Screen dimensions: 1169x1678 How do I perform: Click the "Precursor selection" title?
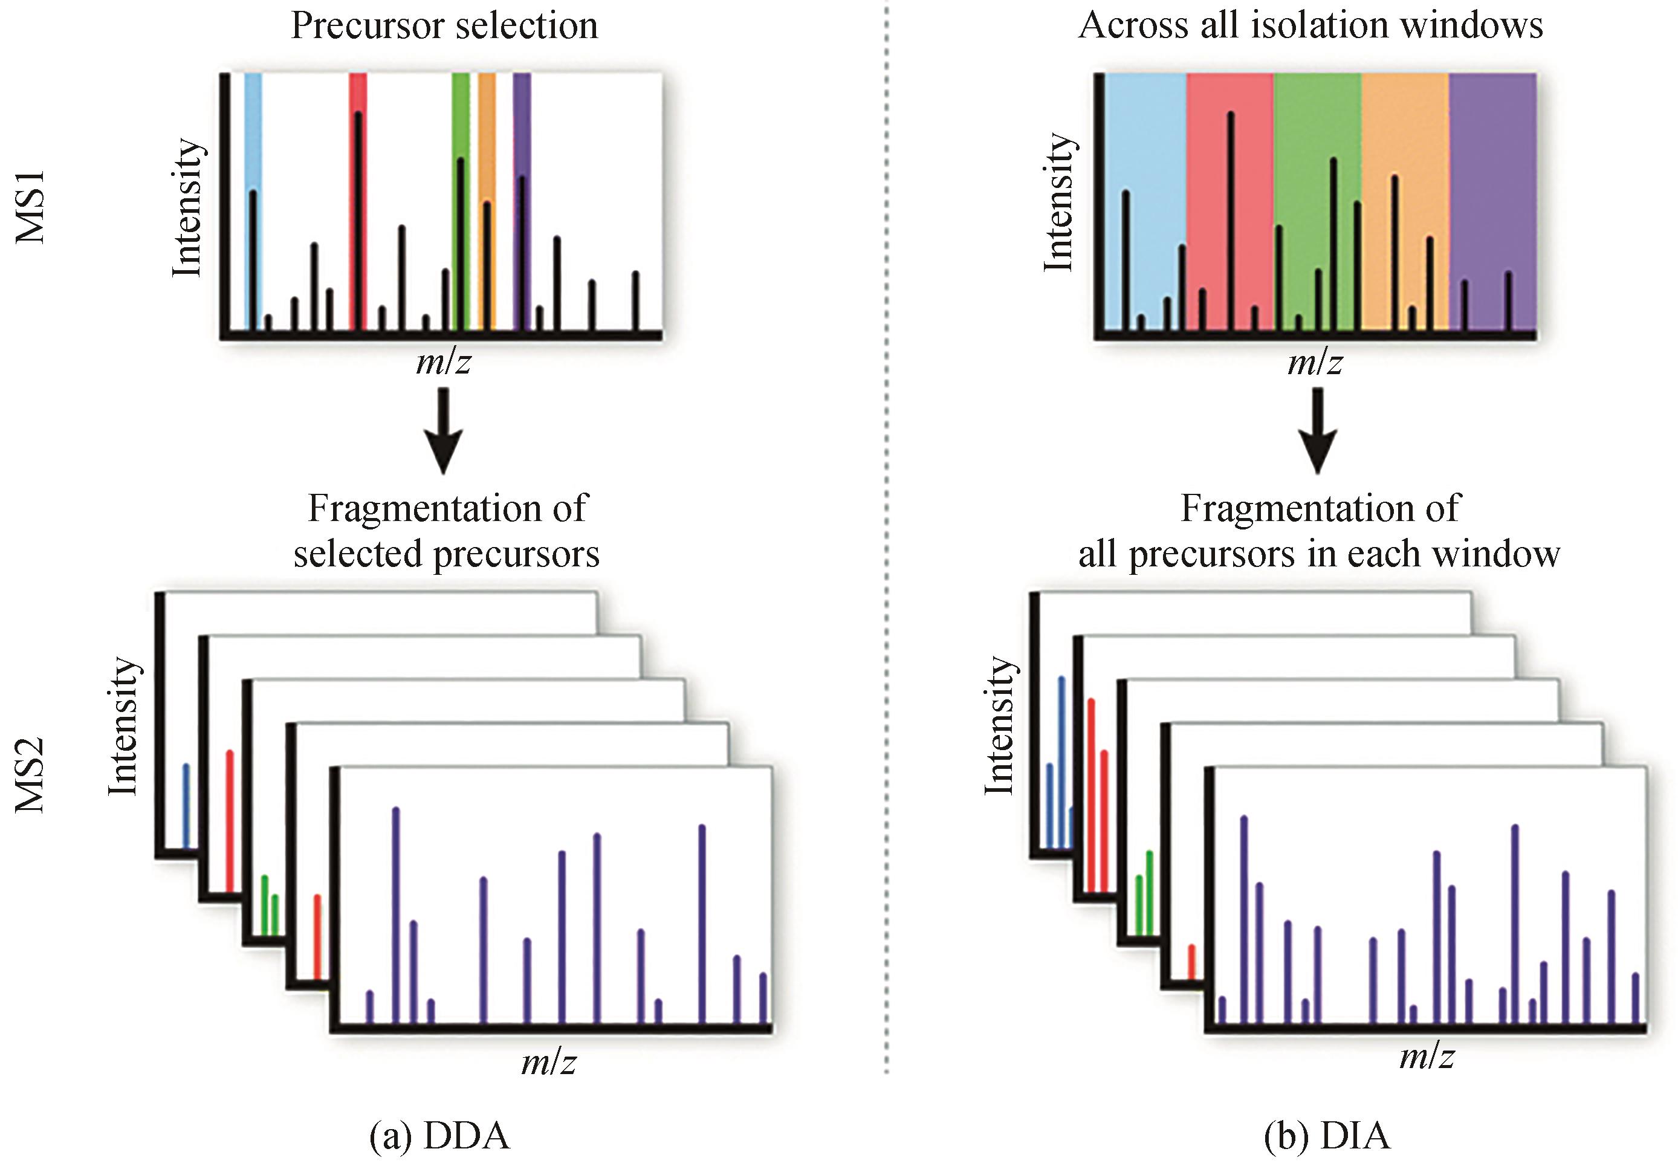(444, 25)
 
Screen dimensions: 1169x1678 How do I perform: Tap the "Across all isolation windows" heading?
(1310, 25)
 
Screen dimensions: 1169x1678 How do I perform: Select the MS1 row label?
(31, 207)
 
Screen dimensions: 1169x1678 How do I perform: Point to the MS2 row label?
(31, 775)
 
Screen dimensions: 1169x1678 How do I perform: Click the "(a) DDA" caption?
(439, 1136)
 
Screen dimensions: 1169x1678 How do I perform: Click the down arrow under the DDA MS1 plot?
(444, 431)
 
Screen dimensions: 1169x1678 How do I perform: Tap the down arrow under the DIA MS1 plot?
(1318, 431)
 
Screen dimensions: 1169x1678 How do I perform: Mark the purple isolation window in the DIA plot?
(1492, 183)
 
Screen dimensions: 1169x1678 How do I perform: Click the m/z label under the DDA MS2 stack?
(548, 1063)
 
